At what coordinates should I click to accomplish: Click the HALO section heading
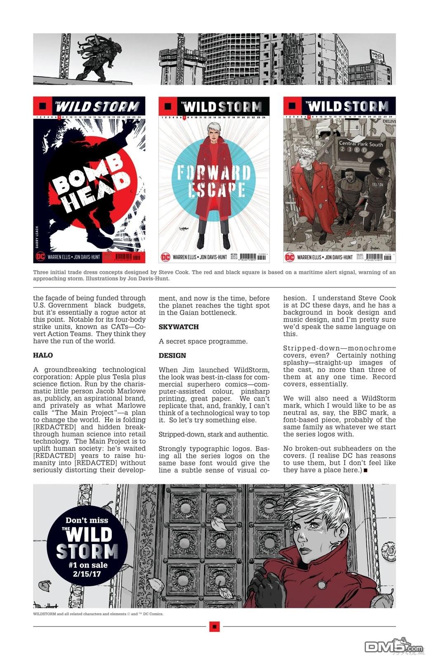(x=43, y=355)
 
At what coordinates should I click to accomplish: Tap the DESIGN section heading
(x=172, y=355)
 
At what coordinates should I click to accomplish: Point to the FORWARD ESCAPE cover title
(x=214, y=181)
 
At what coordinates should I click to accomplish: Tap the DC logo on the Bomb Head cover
(x=40, y=256)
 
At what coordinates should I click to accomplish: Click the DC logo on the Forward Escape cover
(x=165, y=257)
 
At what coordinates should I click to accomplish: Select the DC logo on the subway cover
(x=290, y=257)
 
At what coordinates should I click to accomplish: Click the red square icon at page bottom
(x=214, y=626)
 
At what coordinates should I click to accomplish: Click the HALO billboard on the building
(x=377, y=55)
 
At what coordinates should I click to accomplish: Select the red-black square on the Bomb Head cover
(x=42, y=106)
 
